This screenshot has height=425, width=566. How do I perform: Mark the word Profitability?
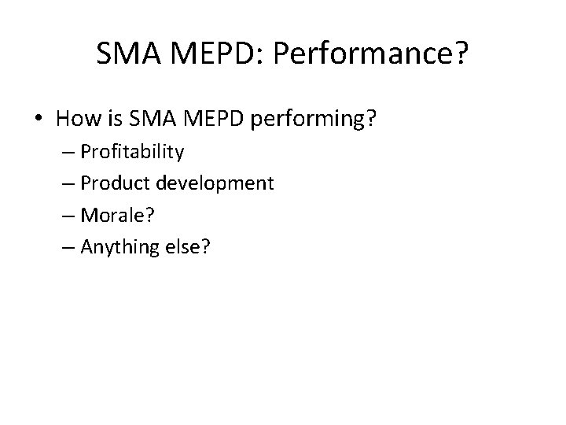pyautogui.click(x=133, y=152)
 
